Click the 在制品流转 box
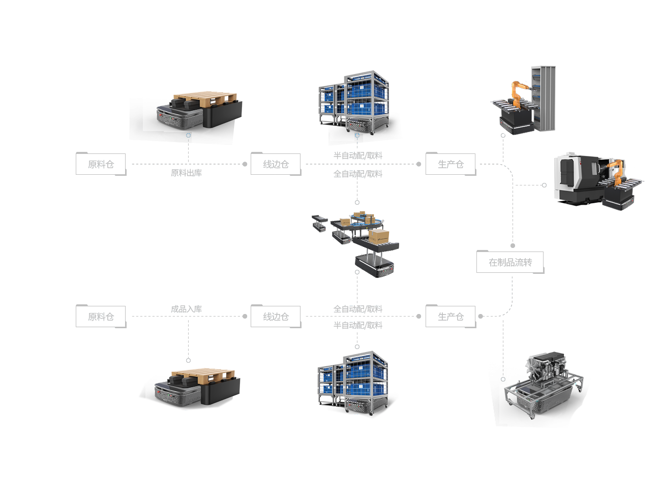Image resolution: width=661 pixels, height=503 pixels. coord(510,262)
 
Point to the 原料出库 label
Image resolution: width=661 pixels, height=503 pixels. coord(186,173)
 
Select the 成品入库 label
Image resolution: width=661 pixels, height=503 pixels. coord(186,309)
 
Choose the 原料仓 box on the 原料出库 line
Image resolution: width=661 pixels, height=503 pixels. coord(101,164)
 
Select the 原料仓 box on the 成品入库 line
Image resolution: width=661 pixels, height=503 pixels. coord(101,317)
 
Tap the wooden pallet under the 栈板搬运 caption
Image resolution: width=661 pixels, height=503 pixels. coord(206,98)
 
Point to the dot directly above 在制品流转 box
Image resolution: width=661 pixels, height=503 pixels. coord(513,246)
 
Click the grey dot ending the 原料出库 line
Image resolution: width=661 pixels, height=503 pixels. coord(245,164)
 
